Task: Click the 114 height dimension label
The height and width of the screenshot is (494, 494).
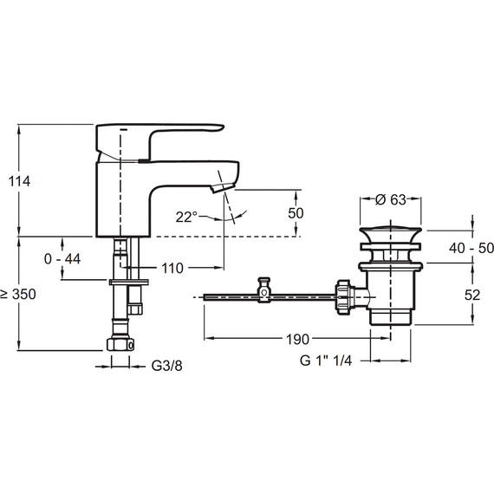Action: pos(20,181)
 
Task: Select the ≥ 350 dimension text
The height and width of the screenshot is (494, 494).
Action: pos(18,295)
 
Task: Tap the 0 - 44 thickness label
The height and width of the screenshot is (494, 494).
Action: pos(62,259)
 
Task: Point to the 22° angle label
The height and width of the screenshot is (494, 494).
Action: pos(186,217)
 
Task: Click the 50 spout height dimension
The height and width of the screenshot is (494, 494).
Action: pos(296,213)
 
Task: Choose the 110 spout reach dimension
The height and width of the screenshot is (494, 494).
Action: pos(172,269)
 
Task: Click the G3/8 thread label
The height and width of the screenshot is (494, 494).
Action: pos(166,366)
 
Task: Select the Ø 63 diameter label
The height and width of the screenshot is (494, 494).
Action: pos(390,199)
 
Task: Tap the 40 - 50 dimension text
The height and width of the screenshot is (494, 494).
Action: pos(471,248)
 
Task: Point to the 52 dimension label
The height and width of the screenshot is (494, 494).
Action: pos(472,296)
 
